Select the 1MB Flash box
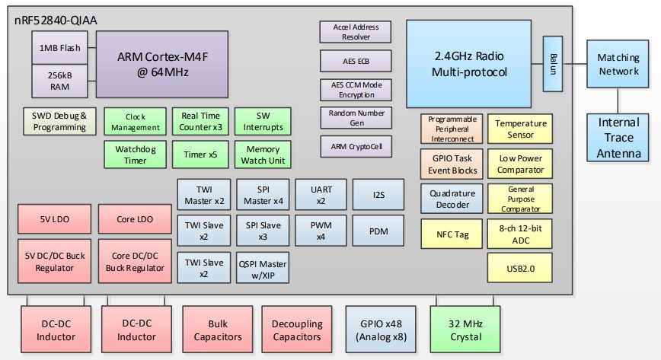[59, 49]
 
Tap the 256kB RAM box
[59, 81]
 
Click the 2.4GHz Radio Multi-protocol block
[469, 63]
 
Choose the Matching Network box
[618, 64]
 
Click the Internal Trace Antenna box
[618, 138]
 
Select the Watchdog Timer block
[136, 155]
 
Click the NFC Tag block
[452, 234]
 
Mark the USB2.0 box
[520, 267]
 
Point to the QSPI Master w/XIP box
[263, 268]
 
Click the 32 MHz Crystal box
[465, 330]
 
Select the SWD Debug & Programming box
[59, 121]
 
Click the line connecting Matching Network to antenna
[618, 100]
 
